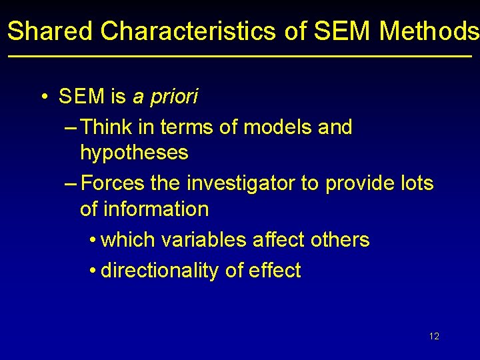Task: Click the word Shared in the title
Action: pos(51,31)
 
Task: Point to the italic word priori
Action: pos(174,97)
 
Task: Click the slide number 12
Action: pos(434,336)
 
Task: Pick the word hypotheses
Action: pos(134,153)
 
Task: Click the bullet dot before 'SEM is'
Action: pos(43,97)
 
